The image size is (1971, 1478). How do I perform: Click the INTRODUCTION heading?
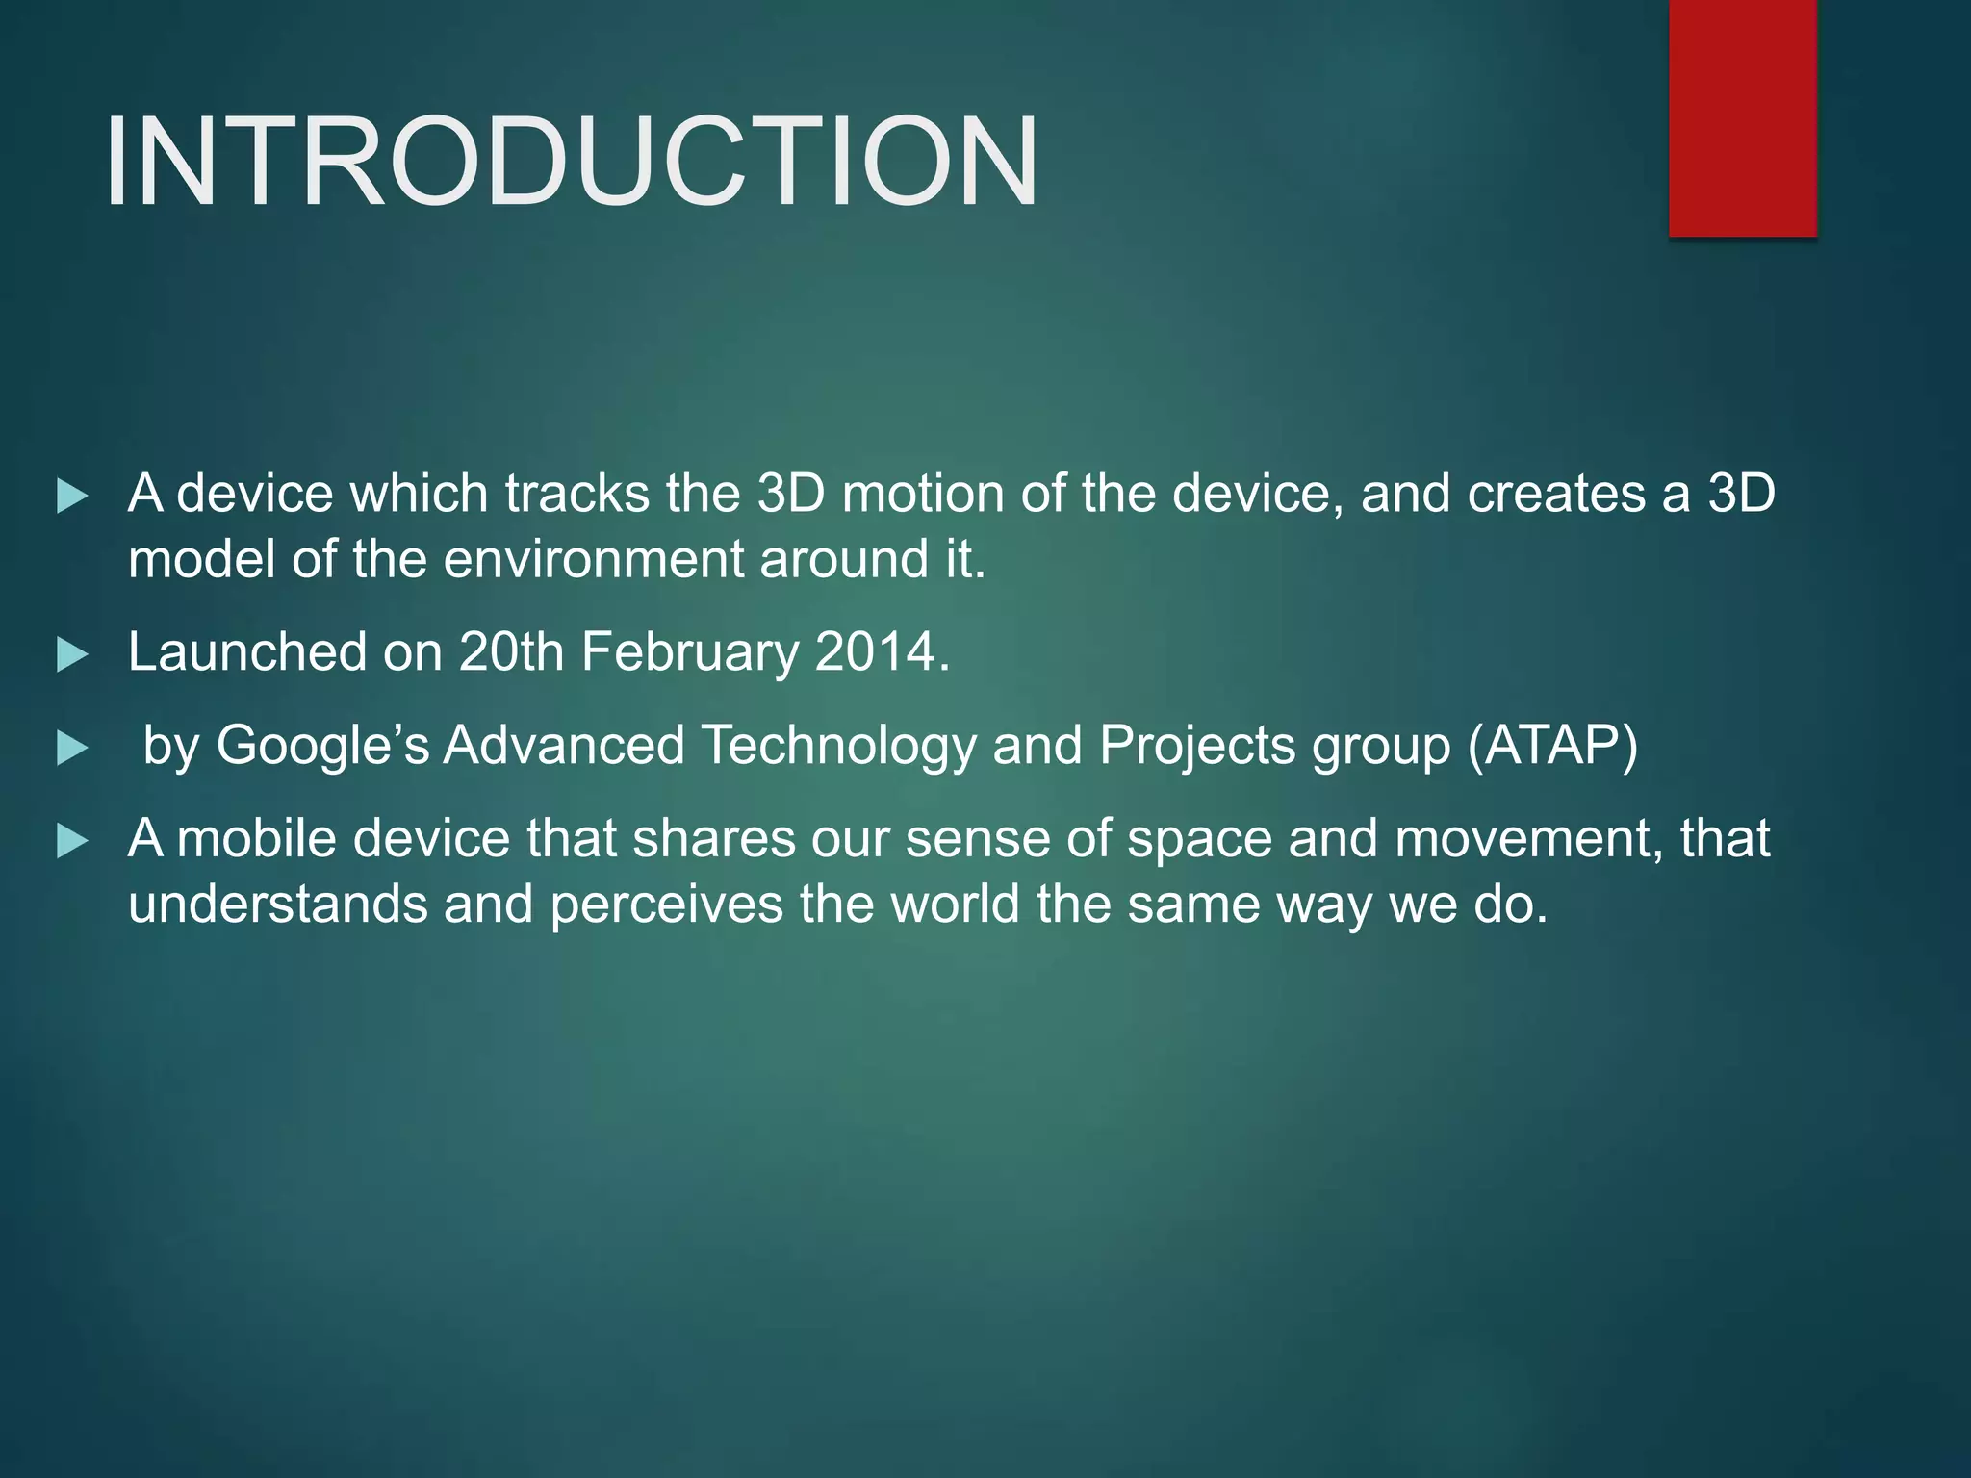click(572, 162)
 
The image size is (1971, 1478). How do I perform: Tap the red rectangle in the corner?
click(1742, 117)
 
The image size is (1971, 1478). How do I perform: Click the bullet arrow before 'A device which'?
click(72, 497)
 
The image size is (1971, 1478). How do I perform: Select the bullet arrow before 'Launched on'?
click(72, 655)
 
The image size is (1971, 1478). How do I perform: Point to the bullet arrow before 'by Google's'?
click(72, 749)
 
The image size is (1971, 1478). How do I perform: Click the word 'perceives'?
click(666, 905)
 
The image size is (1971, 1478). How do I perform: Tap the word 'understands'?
click(277, 905)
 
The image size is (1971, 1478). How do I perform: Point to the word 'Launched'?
click(247, 652)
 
